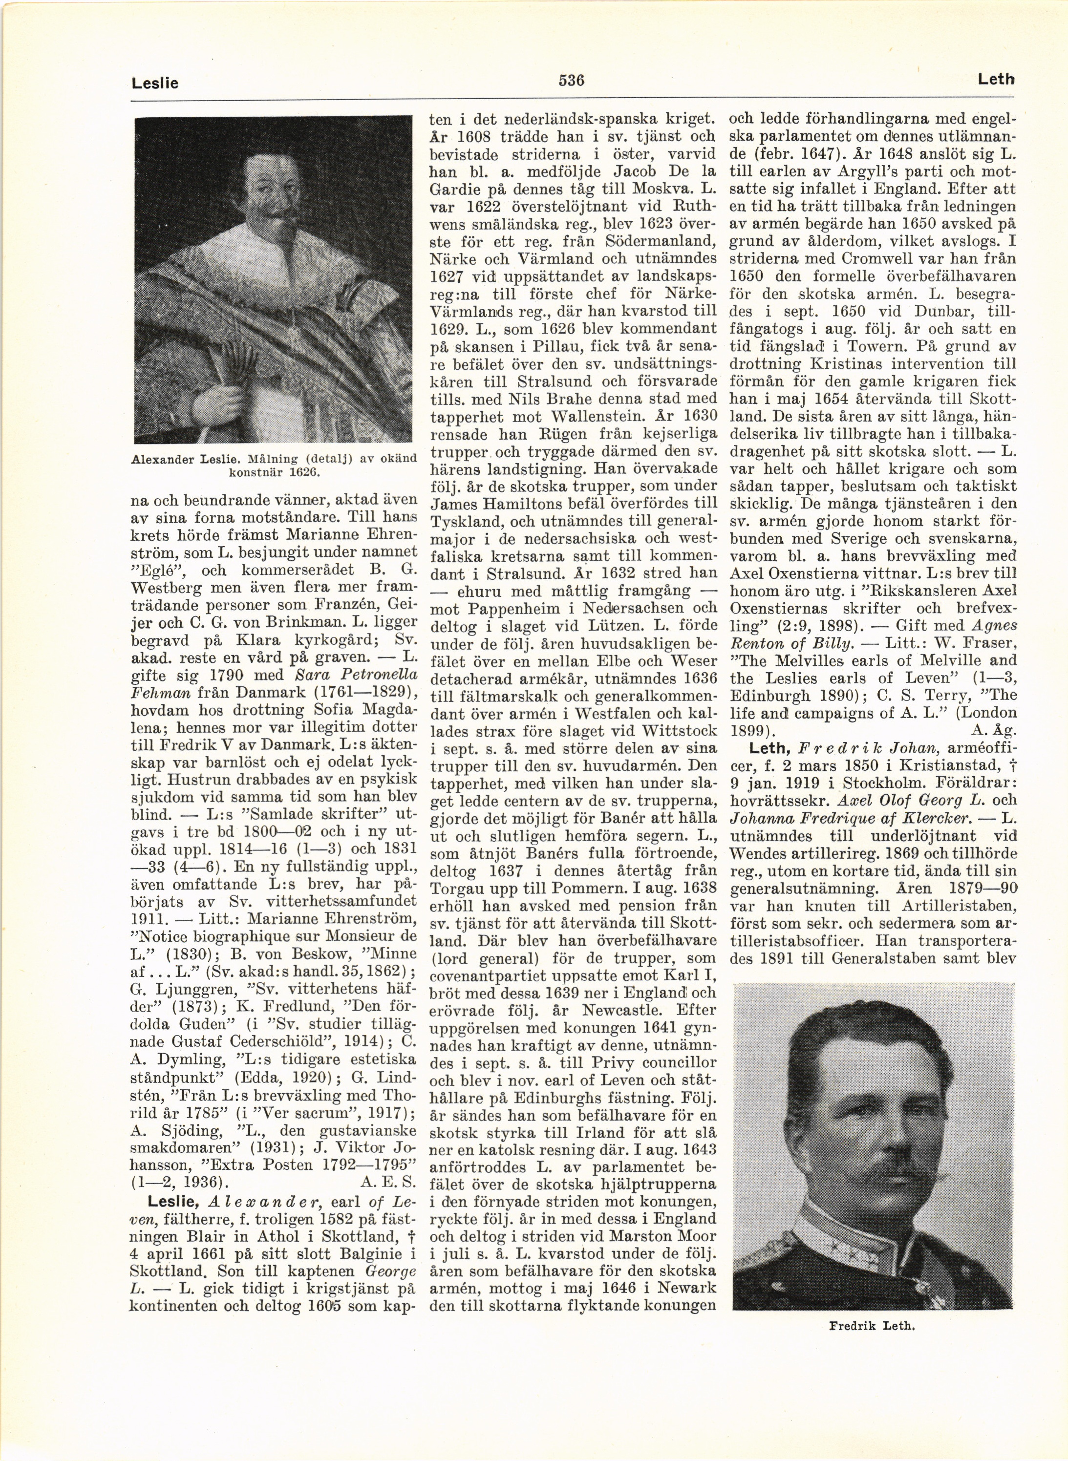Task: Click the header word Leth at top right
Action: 996,80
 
